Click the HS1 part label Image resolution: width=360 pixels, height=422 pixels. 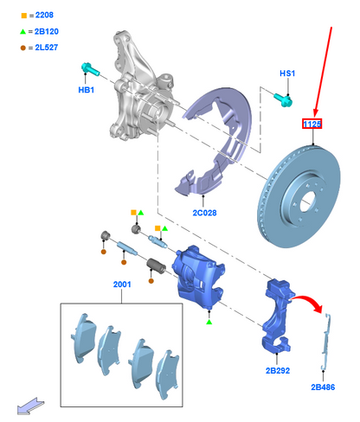point(287,74)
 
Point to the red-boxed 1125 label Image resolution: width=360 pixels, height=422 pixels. point(312,125)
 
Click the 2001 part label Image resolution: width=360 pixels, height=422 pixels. point(121,284)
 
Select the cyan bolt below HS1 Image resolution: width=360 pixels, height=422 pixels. point(286,98)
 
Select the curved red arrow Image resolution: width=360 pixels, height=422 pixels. point(308,304)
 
